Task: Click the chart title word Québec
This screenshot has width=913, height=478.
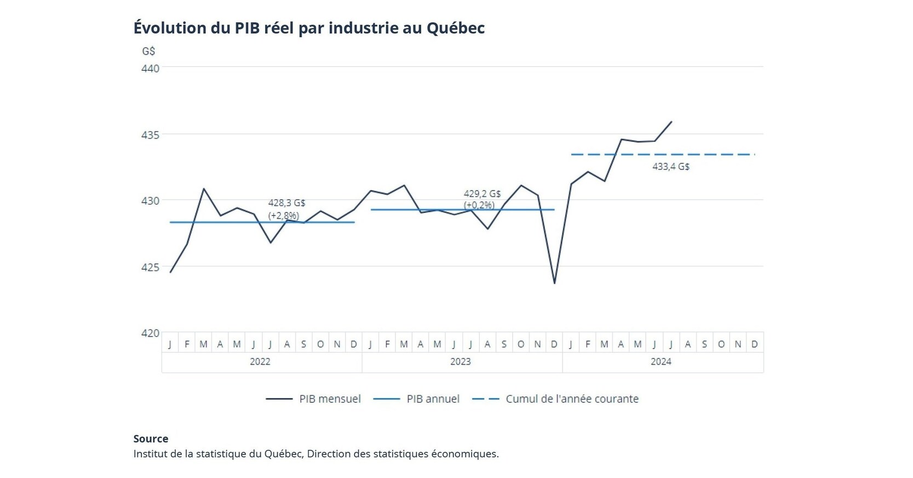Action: click(x=455, y=28)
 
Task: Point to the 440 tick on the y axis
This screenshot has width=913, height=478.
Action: click(x=150, y=68)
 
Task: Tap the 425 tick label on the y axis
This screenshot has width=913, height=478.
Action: click(x=150, y=267)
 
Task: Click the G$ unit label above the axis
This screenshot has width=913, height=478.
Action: click(x=148, y=51)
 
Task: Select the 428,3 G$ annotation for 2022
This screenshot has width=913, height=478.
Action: click(x=286, y=203)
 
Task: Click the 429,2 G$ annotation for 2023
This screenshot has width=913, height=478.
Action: click(x=482, y=193)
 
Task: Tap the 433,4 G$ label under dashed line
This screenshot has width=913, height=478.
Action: click(x=670, y=166)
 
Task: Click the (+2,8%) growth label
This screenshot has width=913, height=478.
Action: click(x=284, y=215)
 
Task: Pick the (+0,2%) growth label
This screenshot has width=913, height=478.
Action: click(x=479, y=205)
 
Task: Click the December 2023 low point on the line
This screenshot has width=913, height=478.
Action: click(x=554, y=283)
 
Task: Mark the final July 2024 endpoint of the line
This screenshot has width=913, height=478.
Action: click(x=671, y=122)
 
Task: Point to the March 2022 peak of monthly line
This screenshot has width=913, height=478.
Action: click(x=204, y=189)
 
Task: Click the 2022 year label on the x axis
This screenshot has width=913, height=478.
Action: click(x=260, y=361)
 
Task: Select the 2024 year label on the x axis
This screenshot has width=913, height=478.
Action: click(x=661, y=361)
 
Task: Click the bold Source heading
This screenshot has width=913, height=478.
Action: click(x=151, y=439)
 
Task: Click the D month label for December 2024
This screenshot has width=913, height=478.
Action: click(x=755, y=344)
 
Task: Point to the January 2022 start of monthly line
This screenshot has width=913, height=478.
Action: click(x=170, y=272)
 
